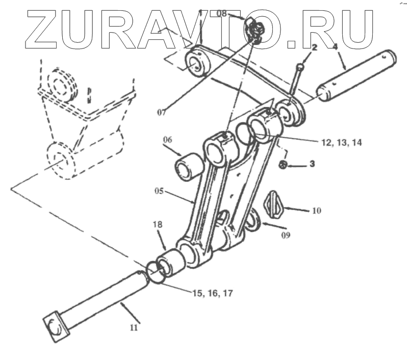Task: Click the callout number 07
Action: click(x=161, y=111)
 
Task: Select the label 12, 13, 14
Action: click(x=341, y=142)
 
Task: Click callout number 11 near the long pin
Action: click(x=134, y=328)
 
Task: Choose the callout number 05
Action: click(x=160, y=191)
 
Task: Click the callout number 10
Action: click(x=316, y=210)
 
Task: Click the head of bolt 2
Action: click(x=301, y=65)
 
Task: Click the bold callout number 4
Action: click(x=335, y=47)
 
